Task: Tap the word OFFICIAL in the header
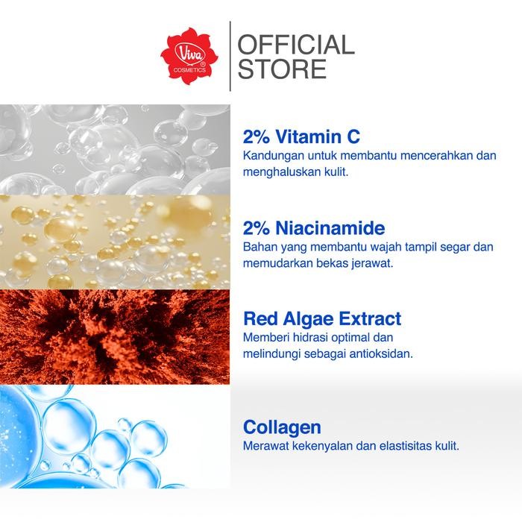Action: click(x=295, y=45)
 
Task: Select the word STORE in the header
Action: click(x=282, y=69)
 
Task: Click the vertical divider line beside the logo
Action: click(x=230, y=56)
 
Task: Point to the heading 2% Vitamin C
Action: click(x=301, y=136)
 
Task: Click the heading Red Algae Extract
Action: click(x=322, y=319)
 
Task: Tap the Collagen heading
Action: click(x=282, y=427)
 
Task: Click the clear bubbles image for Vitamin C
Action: click(x=115, y=149)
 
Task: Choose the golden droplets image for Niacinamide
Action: click(x=115, y=242)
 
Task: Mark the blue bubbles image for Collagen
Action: click(x=115, y=436)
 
